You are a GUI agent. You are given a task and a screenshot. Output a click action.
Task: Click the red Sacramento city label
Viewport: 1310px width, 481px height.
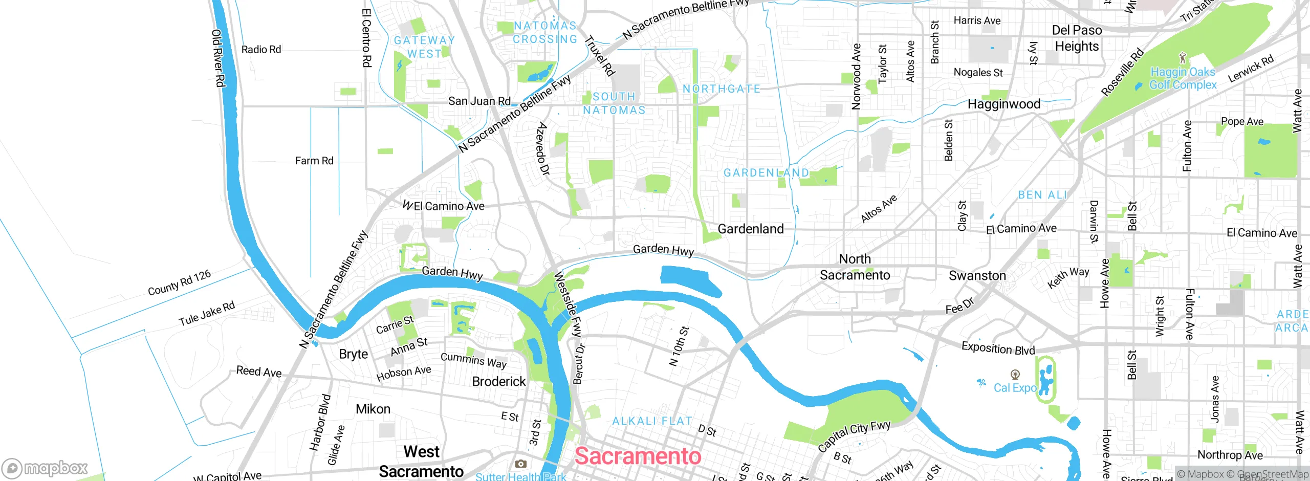pos(638,456)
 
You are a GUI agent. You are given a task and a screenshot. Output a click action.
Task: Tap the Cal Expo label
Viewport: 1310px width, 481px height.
pos(1015,388)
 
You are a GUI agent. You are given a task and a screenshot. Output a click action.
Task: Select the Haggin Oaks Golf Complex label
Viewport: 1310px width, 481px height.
pos(1183,78)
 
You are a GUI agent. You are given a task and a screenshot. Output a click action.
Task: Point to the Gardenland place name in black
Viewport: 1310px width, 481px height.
pos(750,229)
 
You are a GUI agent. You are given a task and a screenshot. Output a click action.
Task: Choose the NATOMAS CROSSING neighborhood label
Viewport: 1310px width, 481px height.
pos(545,32)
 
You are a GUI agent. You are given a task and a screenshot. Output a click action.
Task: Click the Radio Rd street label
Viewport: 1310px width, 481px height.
pos(261,50)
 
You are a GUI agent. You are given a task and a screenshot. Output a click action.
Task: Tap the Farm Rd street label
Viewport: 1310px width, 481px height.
pos(314,161)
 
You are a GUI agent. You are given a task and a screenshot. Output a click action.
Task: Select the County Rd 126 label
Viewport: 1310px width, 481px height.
pos(179,283)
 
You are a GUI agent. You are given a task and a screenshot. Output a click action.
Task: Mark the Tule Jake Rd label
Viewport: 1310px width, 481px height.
pos(206,314)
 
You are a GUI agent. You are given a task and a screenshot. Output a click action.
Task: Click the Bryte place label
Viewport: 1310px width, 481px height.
pos(353,354)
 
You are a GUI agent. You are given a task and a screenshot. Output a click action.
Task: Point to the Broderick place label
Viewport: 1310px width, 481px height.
pos(498,382)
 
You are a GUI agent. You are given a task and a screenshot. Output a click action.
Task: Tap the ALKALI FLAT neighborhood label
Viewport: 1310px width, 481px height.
pos(652,421)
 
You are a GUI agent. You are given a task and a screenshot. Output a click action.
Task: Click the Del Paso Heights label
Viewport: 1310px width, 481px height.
pos(1077,38)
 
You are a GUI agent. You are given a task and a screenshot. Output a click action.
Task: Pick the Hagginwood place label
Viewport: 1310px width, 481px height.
pos(1003,104)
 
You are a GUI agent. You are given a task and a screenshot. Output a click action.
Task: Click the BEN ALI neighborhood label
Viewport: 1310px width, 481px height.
pos(1042,195)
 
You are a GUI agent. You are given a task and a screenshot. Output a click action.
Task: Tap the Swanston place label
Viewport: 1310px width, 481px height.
pos(977,276)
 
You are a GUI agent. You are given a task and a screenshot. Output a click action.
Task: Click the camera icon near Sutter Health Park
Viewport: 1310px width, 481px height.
pos(520,464)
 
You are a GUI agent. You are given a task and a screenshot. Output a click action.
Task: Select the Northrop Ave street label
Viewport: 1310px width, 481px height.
pos(1230,455)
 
